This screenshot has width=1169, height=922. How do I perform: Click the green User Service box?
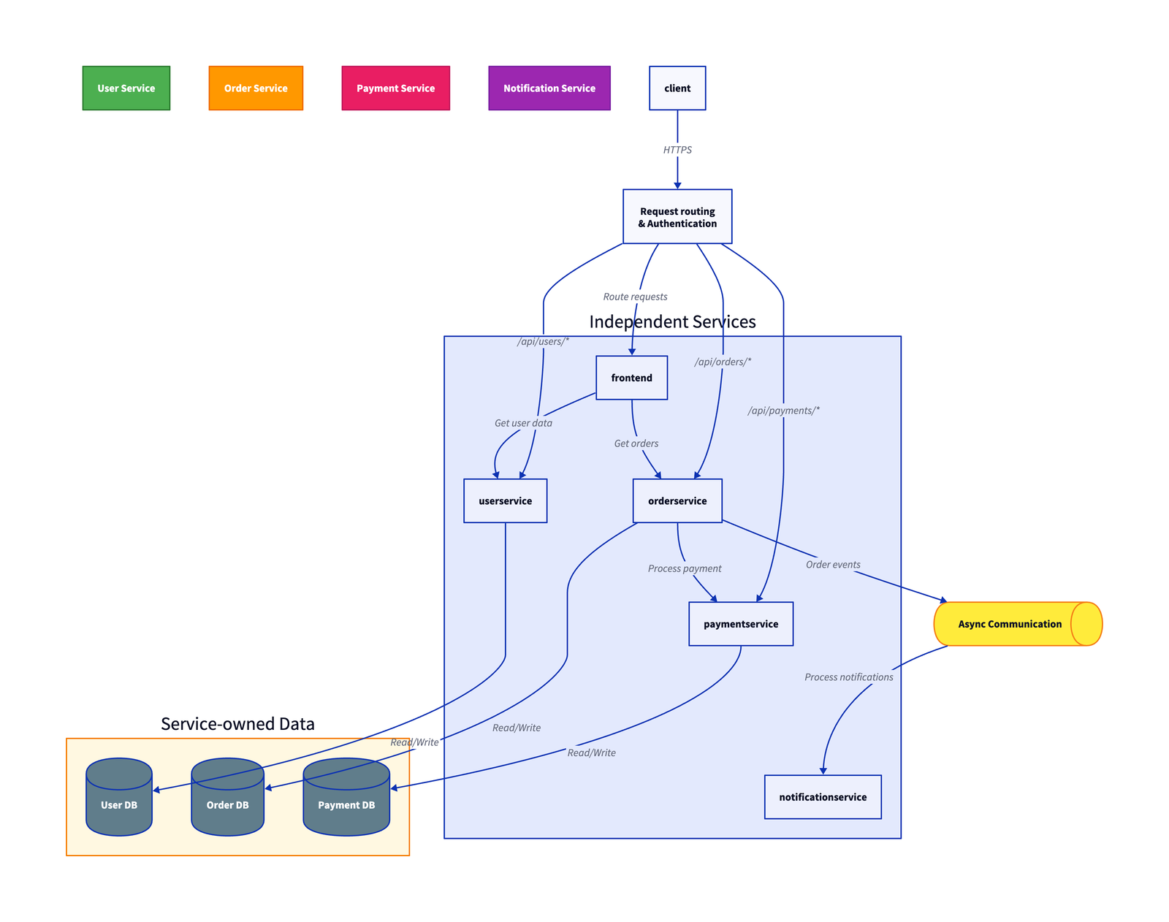pyautogui.click(x=126, y=88)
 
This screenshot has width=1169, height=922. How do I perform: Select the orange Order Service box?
pyautogui.click(x=256, y=88)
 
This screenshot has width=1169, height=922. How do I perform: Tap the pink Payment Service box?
pyautogui.click(x=395, y=88)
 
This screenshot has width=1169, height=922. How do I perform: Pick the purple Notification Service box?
pyautogui.click(x=549, y=88)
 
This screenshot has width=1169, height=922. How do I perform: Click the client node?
pyautogui.click(x=677, y=88)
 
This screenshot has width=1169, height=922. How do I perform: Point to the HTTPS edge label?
pyautogui.click(x=677, y=150)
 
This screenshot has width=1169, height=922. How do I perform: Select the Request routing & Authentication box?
pyautogui.click(x=677, y=217)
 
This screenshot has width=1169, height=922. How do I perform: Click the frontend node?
pyautogui.click(x=631, y=378)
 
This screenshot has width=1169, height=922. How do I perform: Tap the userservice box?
pyautogui.click(x=505, y=501)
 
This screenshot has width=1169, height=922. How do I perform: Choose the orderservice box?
pyautogui.click(x=677, y=501)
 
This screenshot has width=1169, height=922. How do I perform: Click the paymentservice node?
pyautogui.click(x=740, y=624)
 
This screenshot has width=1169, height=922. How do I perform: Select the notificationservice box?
pyautogui.click(x=823, y=797)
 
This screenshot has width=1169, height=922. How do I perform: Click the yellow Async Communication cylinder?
pyautogui.click(x=1010, y=624)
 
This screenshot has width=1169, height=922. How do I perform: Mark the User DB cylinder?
pyautogui.click(x=119, y=800)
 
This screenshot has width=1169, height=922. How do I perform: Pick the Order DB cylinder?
pyautogui.click(x=227, y=800)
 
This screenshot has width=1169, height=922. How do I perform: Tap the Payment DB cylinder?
pyautogui.click(x=346, y=800)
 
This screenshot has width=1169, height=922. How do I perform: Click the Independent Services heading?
pyautogui.click(x=672, y=322)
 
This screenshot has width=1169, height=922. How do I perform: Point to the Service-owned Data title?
pyautogui.click(x=237, y=724)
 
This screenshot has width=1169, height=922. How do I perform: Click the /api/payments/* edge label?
pyautogui.click(x=783, y=411)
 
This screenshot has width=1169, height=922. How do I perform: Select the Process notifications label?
pyautogui.click(x=848, y=677)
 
